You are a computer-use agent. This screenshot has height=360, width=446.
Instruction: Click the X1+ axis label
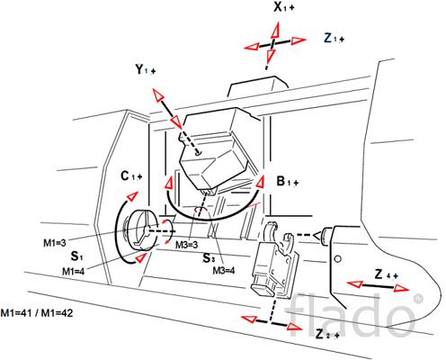point(283,7)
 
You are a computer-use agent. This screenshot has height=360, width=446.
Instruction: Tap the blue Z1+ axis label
point(334,38)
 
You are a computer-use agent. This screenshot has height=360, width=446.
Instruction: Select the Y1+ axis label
point(146,69)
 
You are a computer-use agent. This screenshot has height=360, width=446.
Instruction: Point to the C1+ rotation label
point(131,176)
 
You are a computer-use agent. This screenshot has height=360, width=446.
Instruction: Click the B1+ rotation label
point(288,181)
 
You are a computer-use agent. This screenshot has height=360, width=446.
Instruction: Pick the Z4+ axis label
point(387,274)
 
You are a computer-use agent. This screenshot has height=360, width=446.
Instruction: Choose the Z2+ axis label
point(327,334)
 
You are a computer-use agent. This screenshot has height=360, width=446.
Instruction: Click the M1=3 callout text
point(55,243)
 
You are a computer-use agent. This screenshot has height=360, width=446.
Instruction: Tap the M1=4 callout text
point(74,272)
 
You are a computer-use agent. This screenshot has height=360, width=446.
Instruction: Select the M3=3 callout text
point(187,245)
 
